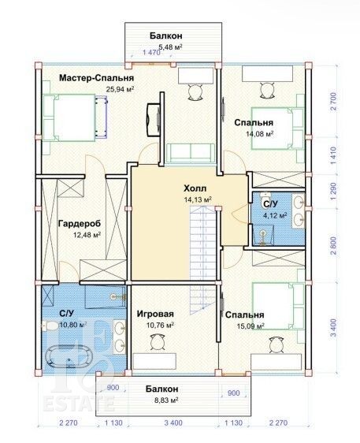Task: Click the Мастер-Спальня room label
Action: [96, 78]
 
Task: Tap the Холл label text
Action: [195, 188]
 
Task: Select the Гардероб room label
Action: [80, 224]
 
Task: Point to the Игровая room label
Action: [155, 314]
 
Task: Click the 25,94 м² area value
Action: [120, 89]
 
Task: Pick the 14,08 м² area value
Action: [259, 134]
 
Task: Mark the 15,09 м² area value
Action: [251, 326]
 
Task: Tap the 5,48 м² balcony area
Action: [170, 47]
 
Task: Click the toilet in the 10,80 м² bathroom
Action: [49, 326]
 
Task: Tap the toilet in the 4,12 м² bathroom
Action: [265, 195]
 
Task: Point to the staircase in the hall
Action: [203, 257]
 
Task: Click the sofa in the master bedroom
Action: [190, 153]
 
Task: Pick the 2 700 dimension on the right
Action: [334, 101]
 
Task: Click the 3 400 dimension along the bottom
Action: [173, 423]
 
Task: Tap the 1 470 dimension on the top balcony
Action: [151, 52]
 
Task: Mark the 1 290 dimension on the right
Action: [334, 191]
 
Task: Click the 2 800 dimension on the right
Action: [334, 246]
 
